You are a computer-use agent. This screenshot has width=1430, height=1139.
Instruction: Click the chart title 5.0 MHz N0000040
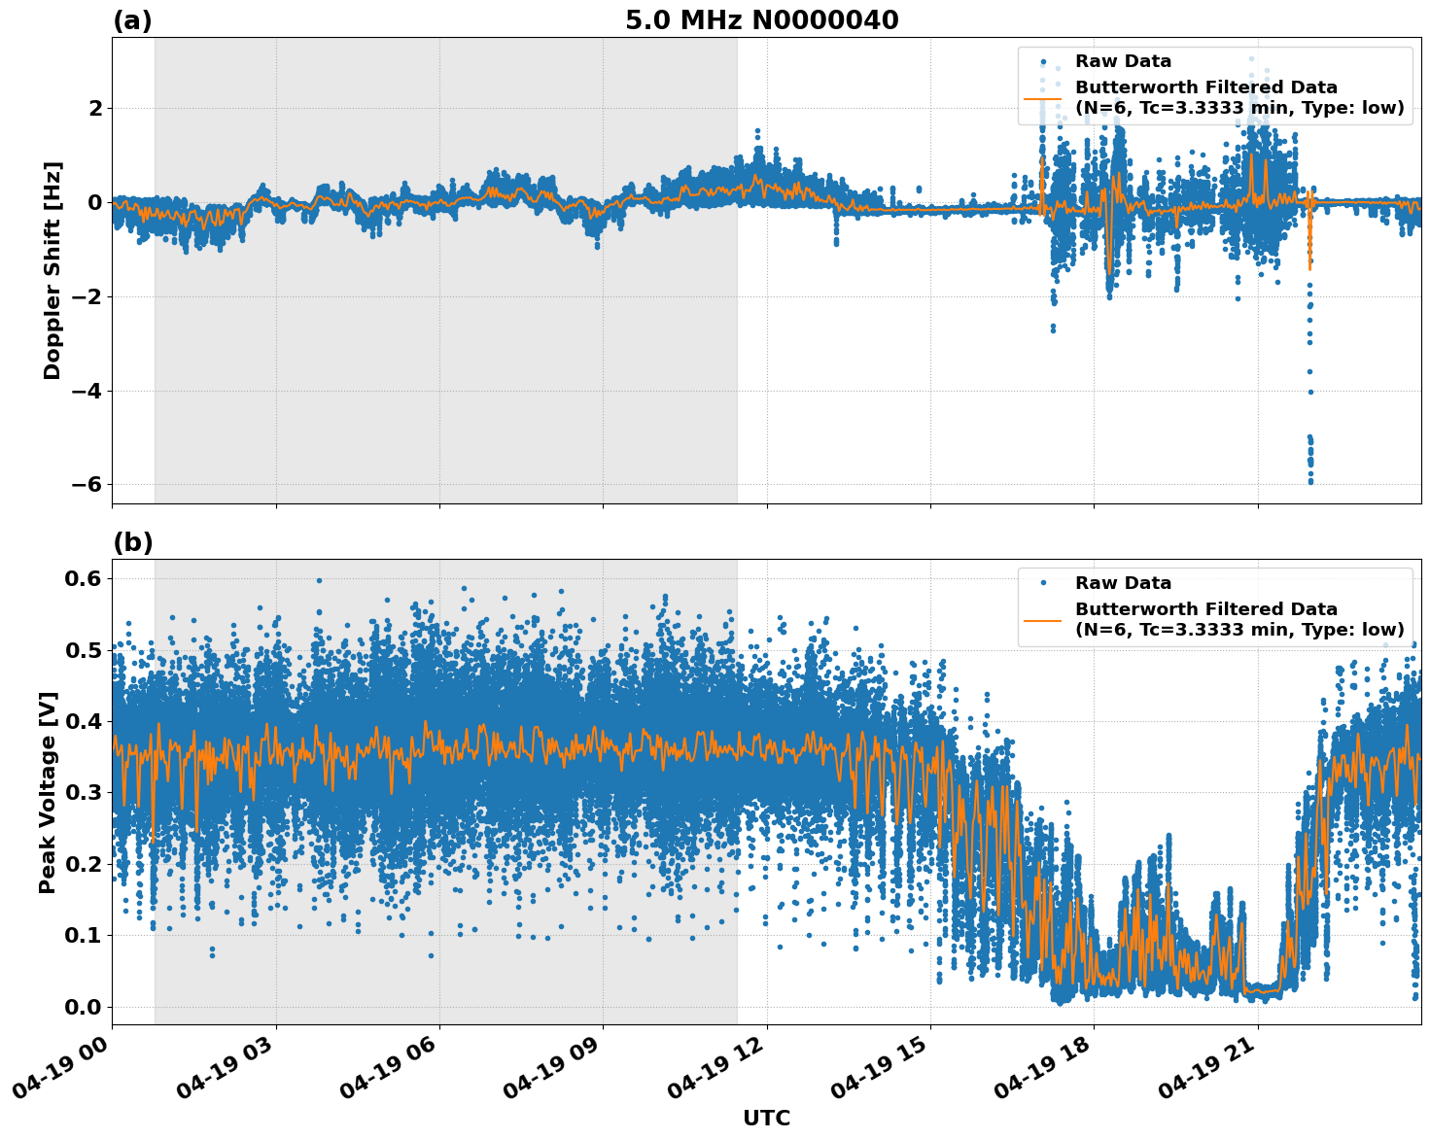761,20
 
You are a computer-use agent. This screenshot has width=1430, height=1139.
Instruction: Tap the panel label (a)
132,20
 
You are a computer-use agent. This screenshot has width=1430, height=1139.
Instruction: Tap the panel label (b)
132,542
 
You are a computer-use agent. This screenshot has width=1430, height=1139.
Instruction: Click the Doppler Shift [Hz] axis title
52,270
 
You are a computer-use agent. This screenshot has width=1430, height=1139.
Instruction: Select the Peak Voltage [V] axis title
48,792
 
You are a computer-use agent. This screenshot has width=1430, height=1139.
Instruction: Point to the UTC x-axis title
766,1118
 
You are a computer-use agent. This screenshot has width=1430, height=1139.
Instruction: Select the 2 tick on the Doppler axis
95,108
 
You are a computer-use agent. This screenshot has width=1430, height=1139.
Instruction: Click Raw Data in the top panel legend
1123,61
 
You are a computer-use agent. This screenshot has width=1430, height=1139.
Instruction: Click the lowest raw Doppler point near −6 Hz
1310,481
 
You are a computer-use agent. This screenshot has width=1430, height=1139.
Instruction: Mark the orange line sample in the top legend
1042,97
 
